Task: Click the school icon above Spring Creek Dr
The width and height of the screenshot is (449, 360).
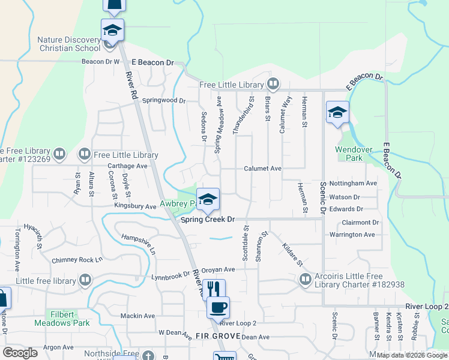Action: [x=208, y=199]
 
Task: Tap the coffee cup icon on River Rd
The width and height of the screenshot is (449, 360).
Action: [x=218, y=307]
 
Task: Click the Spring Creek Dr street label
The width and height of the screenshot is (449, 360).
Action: [x=208, y=220]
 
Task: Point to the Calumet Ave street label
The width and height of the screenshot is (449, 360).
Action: [x=262, y=169]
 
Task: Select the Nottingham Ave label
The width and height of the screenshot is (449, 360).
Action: [x=354, y=183]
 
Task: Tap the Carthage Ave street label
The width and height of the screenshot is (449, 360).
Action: [x=127, y=166]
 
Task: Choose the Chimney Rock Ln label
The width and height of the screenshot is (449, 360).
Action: [x=77, y=260]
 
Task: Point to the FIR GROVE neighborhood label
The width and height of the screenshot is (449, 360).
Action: [x=217, y=336]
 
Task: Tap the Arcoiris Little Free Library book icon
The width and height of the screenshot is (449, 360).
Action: [x=306, y=280]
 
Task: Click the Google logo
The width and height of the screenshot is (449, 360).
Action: [x=20, y=353]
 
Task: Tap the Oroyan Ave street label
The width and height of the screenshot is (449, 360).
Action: [x=218, y=269]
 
